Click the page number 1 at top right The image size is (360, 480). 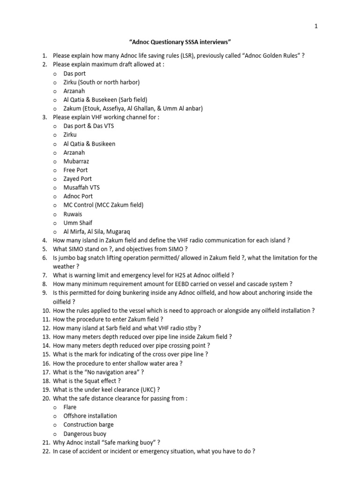pos(316,26)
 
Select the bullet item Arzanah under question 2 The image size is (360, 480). pos(74,91)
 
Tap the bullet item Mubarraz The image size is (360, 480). pos(76,161)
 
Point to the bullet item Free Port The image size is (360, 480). pos(75,170)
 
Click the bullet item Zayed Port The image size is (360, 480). pos(77,179)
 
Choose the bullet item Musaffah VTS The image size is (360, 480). pos(82,187)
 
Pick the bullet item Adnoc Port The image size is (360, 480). pos(78,196)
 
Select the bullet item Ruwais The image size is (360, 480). pos(73,214)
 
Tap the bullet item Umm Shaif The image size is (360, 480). pos(78,223)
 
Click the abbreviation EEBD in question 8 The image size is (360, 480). pos(184,284)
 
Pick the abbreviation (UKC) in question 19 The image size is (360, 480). pos(144,389)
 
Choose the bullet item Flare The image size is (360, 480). pos(70,407)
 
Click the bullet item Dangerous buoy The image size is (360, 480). pos(85,434)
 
